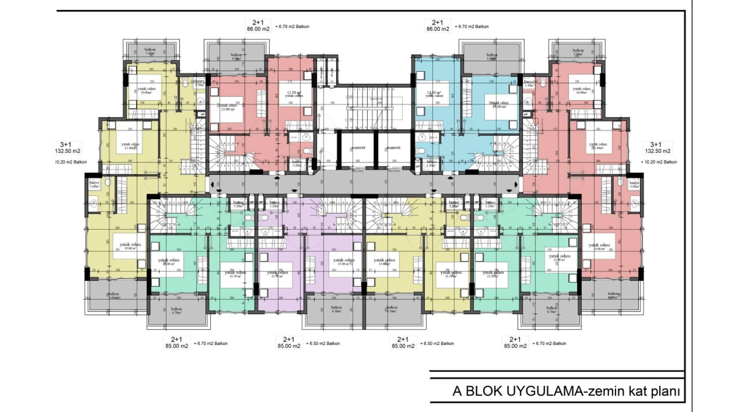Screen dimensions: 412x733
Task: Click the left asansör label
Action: (x=358, y=148)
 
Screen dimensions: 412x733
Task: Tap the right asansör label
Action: (x=393, y=148)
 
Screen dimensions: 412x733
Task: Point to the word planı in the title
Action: (x=664, y=391)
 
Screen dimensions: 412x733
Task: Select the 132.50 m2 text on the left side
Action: (x=67, y=151)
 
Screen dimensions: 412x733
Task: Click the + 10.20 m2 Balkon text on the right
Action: (x=659, y=162)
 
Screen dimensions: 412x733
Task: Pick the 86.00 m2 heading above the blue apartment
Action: (x=438, y=29)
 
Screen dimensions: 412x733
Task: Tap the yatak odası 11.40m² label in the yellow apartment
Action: (x=130, y=146)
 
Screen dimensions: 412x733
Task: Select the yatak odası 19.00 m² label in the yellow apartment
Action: (x=130, y=246)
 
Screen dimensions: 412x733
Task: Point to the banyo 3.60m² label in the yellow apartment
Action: (x=94, y=185)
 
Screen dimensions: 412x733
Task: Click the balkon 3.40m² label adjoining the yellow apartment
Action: (x=150, y=51)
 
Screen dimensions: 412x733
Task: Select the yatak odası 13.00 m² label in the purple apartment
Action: (x=344, y=262)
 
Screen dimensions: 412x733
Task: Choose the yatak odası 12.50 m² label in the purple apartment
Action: (x=278, y=274)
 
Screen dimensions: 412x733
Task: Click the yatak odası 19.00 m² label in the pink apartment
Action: (x=599, y=246)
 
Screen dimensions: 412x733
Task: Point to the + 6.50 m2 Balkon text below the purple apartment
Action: (x=323, y=343)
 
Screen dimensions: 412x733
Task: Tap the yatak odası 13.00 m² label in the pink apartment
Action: (x=228, y=107)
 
